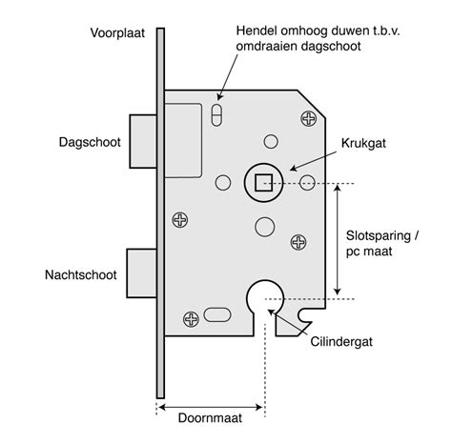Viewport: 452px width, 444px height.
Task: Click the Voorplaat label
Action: (117, 33)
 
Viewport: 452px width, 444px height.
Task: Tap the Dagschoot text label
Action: (90, 142)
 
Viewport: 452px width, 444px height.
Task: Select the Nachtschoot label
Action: (81, 274)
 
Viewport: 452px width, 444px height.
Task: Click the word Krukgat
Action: (363, 144)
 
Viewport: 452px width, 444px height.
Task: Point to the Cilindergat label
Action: (341, 342)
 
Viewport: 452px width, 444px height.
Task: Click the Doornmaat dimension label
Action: (210, 418)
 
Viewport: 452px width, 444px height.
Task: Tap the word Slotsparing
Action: (379, 235)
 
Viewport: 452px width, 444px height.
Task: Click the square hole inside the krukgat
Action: (264, 183)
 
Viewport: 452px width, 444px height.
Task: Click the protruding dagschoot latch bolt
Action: (143, 141)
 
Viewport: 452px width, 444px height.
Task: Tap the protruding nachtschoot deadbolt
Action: (142, 273)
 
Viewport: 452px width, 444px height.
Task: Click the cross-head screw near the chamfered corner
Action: (308, 118)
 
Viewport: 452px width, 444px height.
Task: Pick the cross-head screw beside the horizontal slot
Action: (191, 319)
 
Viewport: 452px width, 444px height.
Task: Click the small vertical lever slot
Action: (216, 114)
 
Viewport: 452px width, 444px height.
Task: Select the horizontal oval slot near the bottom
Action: (217, 314)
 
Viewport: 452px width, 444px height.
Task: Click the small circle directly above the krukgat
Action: (271, 141)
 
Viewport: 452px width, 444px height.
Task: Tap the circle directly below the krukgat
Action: (264, 227)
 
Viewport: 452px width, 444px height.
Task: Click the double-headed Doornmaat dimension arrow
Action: (210, 407)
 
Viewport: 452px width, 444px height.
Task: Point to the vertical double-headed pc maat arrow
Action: (338, 239)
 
